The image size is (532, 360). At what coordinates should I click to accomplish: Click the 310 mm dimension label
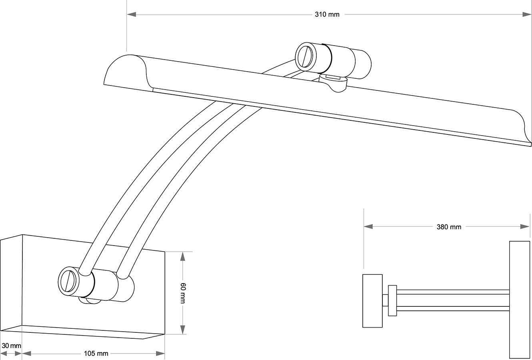click(327, 15)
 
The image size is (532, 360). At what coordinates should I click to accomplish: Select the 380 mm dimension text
click(449, 227)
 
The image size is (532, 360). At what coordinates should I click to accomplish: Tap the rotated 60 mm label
click(182, 293)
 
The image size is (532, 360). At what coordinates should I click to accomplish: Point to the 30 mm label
click(11, 345)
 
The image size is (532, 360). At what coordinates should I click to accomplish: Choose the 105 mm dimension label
click(96, 353)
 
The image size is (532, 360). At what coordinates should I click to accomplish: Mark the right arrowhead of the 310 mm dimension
click(526, 15)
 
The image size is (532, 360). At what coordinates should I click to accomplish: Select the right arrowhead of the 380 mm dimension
click(525, 227)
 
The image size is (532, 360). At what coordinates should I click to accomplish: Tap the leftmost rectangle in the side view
click(372, 301)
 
